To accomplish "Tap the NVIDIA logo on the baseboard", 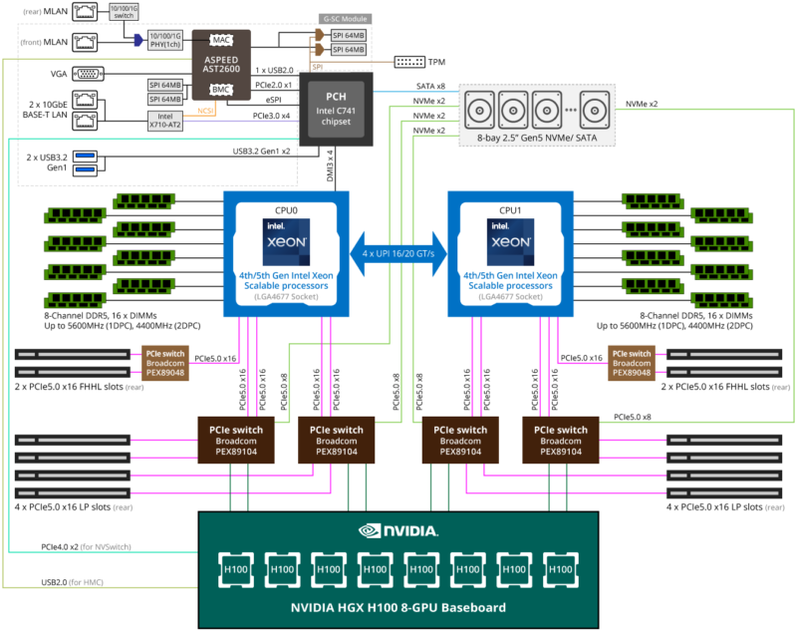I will point(398,533).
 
